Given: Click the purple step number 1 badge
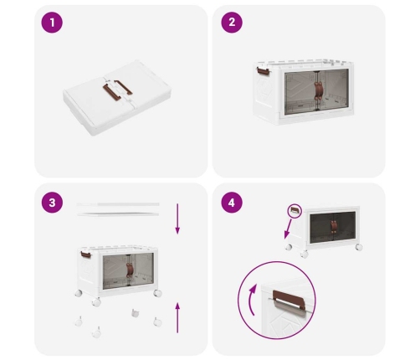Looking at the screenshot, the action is [52, 23].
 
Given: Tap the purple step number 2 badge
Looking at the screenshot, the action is [232, 23].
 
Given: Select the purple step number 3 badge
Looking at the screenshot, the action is [52, 203].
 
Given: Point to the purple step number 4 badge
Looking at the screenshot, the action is [232, 203].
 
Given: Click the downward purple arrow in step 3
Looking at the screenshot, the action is [177, 219].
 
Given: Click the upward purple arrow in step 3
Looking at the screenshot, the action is [177, 317].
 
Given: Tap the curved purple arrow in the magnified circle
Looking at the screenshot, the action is [252, 300].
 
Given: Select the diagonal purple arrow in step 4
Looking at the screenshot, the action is [288, 229].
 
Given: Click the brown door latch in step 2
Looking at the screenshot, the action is [318, 90].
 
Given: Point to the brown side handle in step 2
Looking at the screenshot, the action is [263, 71].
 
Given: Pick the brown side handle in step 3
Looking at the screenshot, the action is [86, 255].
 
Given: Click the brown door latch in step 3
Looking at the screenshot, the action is [130, 270].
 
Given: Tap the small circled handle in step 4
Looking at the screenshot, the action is [295, 211].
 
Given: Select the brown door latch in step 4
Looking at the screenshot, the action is [334, 226].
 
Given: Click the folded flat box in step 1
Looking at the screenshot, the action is [117, 98].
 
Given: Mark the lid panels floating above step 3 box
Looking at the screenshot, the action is [118, 209].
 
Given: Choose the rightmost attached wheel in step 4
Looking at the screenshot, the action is [359, 247].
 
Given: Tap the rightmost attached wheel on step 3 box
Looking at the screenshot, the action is [157, 293].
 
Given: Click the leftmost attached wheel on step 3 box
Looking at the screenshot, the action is [79, 293].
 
